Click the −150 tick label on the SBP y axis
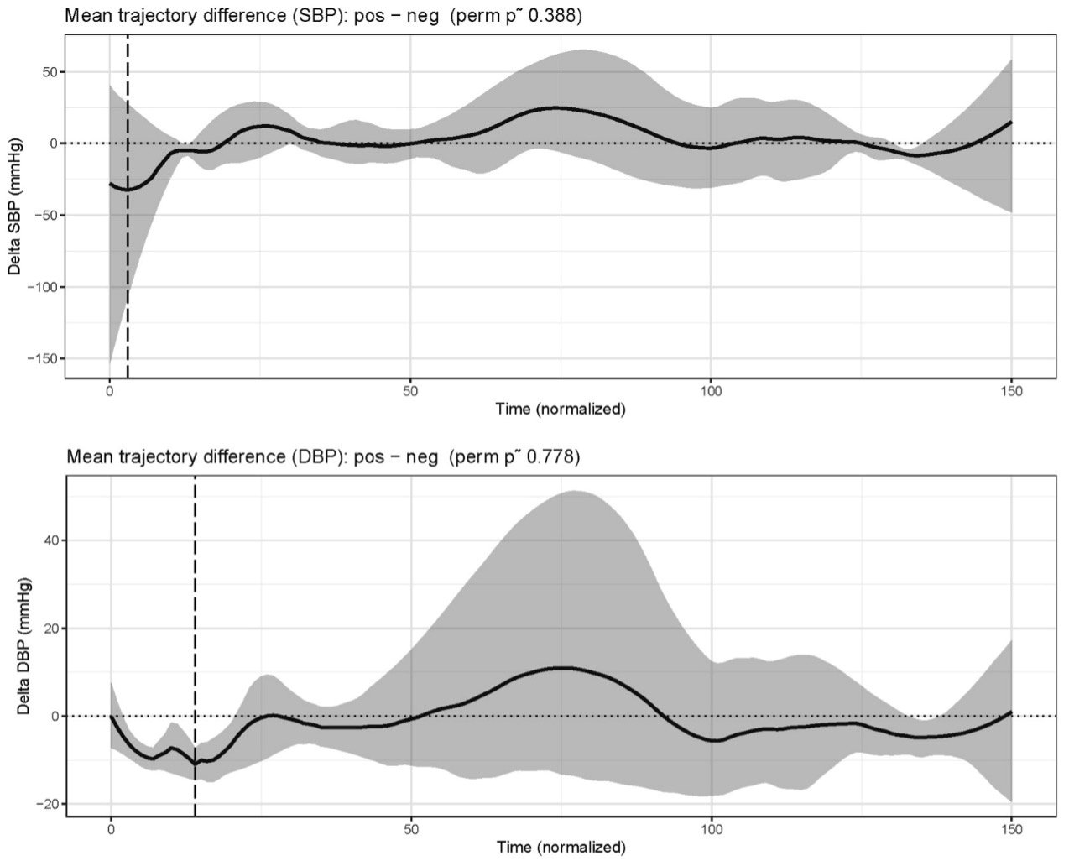tap(43, 359)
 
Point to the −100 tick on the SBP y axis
tap(43, 287)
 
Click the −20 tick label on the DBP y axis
tap(48, 804)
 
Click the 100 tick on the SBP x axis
tap(711, 391)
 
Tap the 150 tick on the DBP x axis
tap(1011, 829)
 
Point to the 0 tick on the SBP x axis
tap(110, 391)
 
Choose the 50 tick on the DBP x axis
tap(411, 829)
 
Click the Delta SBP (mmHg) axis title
tap(14, 206)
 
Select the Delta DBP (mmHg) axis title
tap(23, 646)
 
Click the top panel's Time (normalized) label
tap(561, 409)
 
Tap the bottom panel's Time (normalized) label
tap(561, 847)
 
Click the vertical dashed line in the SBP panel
tap(128, 206)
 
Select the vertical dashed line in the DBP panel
tap(195, 646)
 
